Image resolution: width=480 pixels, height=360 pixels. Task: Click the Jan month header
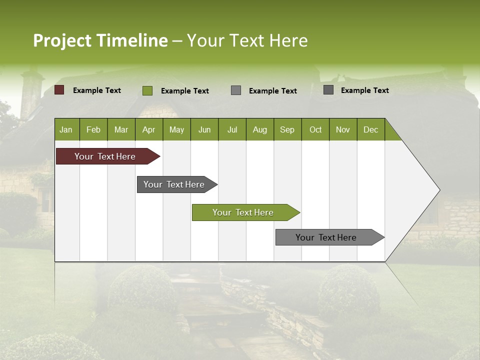tap(66, 129)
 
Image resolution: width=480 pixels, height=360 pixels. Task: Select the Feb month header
tap(93, 129)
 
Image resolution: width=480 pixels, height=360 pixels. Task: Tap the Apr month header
tap(148, 129)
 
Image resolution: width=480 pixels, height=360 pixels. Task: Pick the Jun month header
tap(204, 129)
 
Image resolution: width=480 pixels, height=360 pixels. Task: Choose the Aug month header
tap(259, 129)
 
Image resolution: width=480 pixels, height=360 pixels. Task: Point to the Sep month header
tap(287, 129)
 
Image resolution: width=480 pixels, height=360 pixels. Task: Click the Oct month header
tap(315, 129)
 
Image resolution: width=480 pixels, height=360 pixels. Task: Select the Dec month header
tap(370, 129)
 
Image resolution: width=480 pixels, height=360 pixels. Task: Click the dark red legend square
tap(59, 90)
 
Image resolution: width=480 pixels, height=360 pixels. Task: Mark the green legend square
tap(147, 90)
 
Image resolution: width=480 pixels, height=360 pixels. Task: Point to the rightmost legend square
tap(328, 90)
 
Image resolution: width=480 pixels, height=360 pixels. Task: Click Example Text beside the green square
tap(185, 91)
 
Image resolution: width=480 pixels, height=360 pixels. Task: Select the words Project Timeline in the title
tap(100, 40)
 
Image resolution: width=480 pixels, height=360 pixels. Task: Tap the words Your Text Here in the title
tap(247, 40)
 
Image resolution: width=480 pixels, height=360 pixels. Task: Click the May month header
tap(176, 129)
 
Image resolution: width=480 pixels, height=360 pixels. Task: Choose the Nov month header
tap(343, 129)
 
